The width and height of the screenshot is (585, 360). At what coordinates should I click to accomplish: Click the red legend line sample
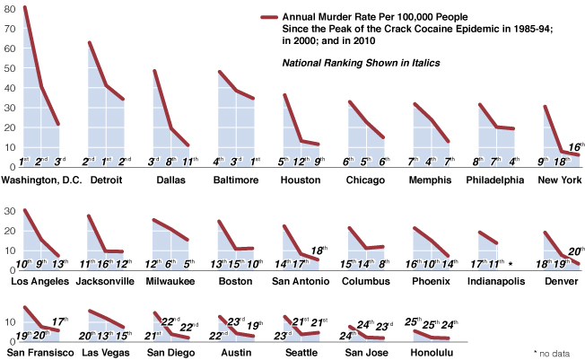click(x=268, y=18)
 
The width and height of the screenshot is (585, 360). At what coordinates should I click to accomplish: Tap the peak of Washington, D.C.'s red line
click(x=24, y=8)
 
